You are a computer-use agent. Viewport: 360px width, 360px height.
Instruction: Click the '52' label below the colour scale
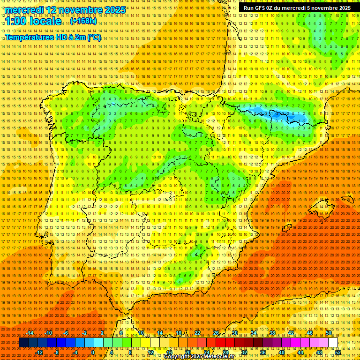click(x=338, y=352)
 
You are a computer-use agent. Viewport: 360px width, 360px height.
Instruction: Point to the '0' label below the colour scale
click(x=93, y=352)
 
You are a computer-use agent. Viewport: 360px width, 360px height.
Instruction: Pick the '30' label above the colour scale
click(x=234, y=333)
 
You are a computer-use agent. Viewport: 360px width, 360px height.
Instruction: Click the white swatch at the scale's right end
click(x=333, y=343)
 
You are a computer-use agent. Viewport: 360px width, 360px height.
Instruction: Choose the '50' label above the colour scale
click(x=329, y=333)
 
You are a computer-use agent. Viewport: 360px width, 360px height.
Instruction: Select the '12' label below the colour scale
click(x=150, y=352)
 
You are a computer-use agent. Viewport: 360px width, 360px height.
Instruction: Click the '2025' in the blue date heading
click(x=113, y=10)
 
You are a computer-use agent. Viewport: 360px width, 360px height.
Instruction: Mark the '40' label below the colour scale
click(x=281, y=352)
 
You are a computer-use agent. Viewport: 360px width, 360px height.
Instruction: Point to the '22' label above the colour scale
click(x=197, y=333)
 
